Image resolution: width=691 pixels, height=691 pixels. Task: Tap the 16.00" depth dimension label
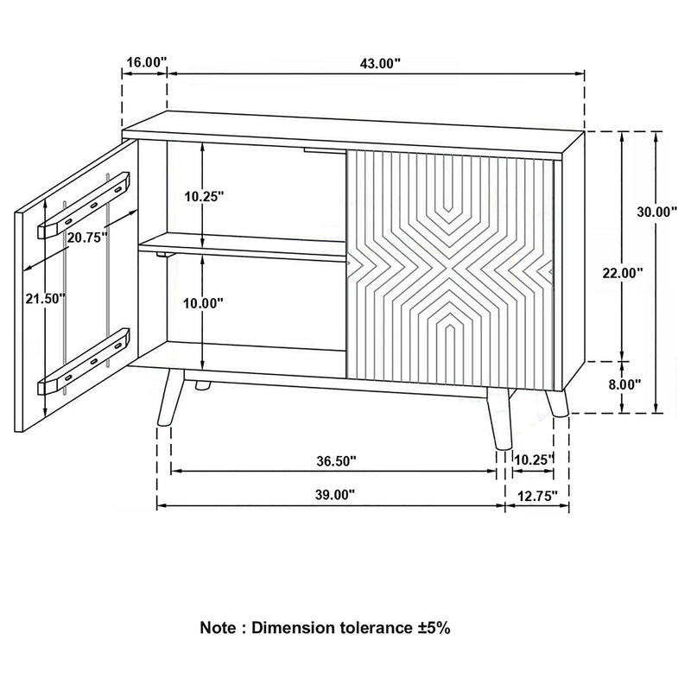point(144,62)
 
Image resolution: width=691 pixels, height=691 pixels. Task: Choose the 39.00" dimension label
point(332,495)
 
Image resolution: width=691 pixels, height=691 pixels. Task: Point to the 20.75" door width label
point(86,237)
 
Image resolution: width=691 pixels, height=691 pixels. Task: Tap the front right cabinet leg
point(498,419)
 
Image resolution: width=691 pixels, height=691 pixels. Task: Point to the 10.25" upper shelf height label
point(204,196)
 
